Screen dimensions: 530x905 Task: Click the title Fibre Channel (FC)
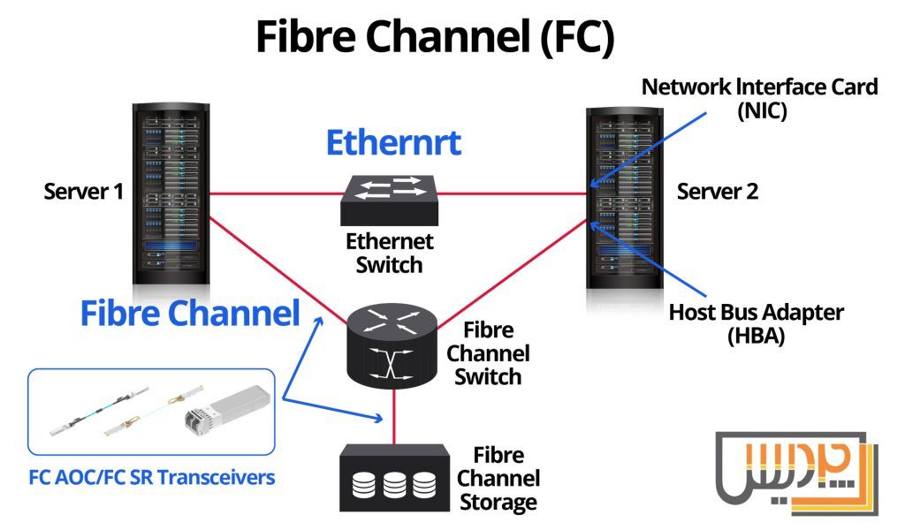(434, 37)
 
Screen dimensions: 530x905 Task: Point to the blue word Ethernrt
(393, 142)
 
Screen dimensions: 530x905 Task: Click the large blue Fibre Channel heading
(190, 313)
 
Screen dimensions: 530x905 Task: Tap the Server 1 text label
(84, 192)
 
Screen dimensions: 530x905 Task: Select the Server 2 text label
(718, 192)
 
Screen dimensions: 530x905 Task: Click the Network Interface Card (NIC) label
(759, 98)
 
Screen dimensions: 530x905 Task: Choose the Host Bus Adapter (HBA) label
(756, 323)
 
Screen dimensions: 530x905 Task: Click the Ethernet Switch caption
(390, 252)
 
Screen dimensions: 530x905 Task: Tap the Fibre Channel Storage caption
(506, 480)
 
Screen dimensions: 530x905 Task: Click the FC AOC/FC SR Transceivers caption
(151, 478)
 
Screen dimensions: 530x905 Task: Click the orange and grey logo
(795, 472)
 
